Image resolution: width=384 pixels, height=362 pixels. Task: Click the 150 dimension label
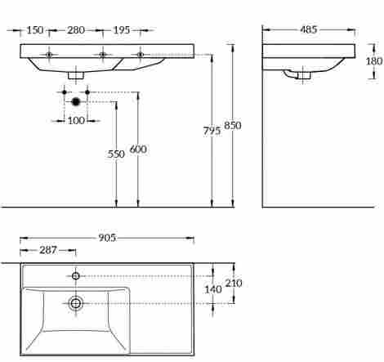click(34, 30)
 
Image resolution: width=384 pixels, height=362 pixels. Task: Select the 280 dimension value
click(76, 30)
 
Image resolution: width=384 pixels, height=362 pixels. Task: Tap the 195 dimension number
click(121, 30)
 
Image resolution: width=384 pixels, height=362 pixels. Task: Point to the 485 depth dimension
click(308, 30)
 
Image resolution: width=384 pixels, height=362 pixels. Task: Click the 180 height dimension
click(374, 61)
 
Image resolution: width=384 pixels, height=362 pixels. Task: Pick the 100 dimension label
click(76, 121)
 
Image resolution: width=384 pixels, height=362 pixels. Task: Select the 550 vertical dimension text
click(116, 154)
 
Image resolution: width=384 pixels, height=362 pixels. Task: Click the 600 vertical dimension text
click(138, 149)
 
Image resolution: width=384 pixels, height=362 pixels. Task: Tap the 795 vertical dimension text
click(212, 130)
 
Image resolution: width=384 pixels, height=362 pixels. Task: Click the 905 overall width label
click(108, 238)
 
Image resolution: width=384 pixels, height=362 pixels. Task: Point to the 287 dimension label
click(47, 250)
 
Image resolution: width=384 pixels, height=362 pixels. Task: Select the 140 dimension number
click(213, 289)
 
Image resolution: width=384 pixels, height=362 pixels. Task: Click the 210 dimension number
click(234, 284)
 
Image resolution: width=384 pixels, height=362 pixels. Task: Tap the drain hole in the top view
click(76, 303)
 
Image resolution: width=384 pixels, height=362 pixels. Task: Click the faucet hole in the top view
click(76, 275)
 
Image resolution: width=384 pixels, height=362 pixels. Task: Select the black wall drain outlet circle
click(76, 102)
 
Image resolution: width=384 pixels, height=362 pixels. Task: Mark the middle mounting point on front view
click(103, 55)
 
